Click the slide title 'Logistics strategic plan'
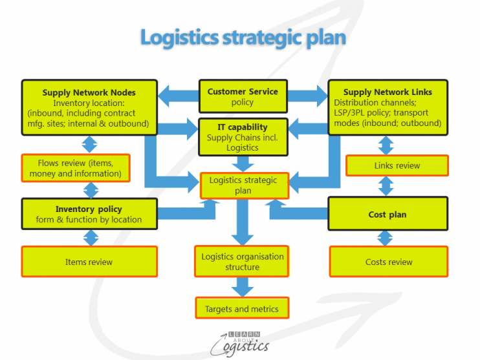point(243,37)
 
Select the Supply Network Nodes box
point(89,107)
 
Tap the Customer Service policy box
point(243,97)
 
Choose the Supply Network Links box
point(387,107)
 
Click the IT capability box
point(242,137)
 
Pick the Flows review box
point(75,168)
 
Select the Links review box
point(397,165)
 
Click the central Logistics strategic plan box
point(243,185)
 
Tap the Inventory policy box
point(89,214)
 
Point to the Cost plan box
point(387,214)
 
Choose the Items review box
point(89,262)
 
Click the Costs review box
point(389,262)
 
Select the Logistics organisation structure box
point(242,262)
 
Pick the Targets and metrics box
point(242,309)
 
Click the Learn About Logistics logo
point(242,341)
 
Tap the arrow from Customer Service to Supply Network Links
point(307,96)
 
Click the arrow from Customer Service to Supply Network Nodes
point(177,96)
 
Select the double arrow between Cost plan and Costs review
point(386,238)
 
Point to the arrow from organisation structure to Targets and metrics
point(243,286)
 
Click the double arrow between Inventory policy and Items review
point(90,238)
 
